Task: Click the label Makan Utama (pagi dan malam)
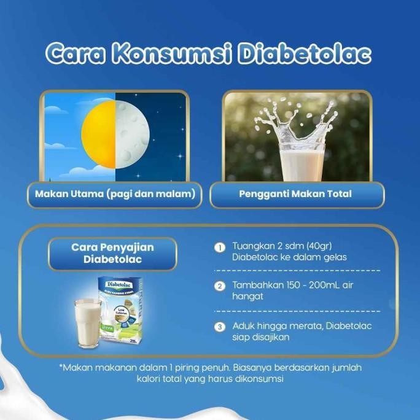click(115, 195)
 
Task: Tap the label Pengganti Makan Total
click(297, 195)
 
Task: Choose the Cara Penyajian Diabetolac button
click(112, 254)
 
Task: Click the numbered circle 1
click(219, 247)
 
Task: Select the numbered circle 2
click(219, 286)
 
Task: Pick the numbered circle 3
click(219, 326)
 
